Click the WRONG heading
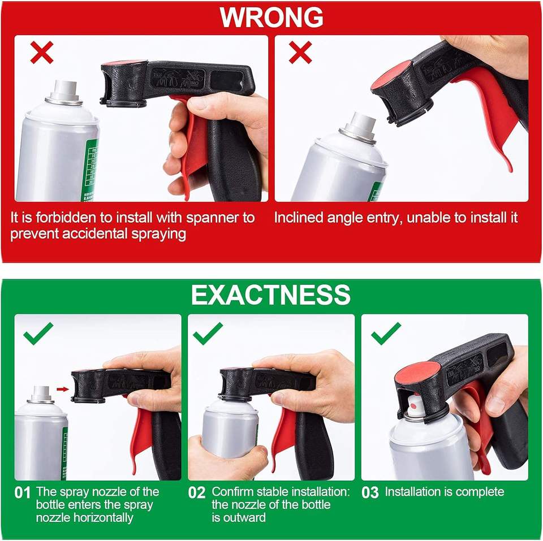(x=271, y=18)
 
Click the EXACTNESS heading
(x=271, y=295)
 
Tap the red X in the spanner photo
(x=42, y=53)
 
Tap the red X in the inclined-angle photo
(x=300, y=53)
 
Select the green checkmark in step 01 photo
(x=38, y=334)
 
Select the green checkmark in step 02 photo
(x=208, y=334)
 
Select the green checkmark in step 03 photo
(x=386, y=334)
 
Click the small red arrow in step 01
(x=63, y=389)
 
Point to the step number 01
(x=23, y=493)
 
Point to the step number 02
(x=197, y=493)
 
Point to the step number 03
(x=370, y=493)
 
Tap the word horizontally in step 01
(x=85, y=518)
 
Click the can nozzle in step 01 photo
(x=41, y=395)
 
